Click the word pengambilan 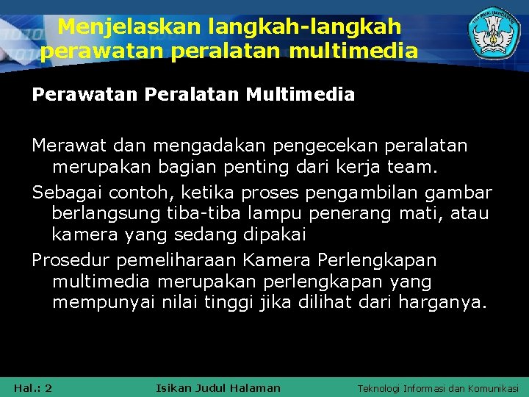[x=349, y=193]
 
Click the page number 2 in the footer [x=48, y=387]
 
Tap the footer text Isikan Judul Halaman [x=218, y=387]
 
